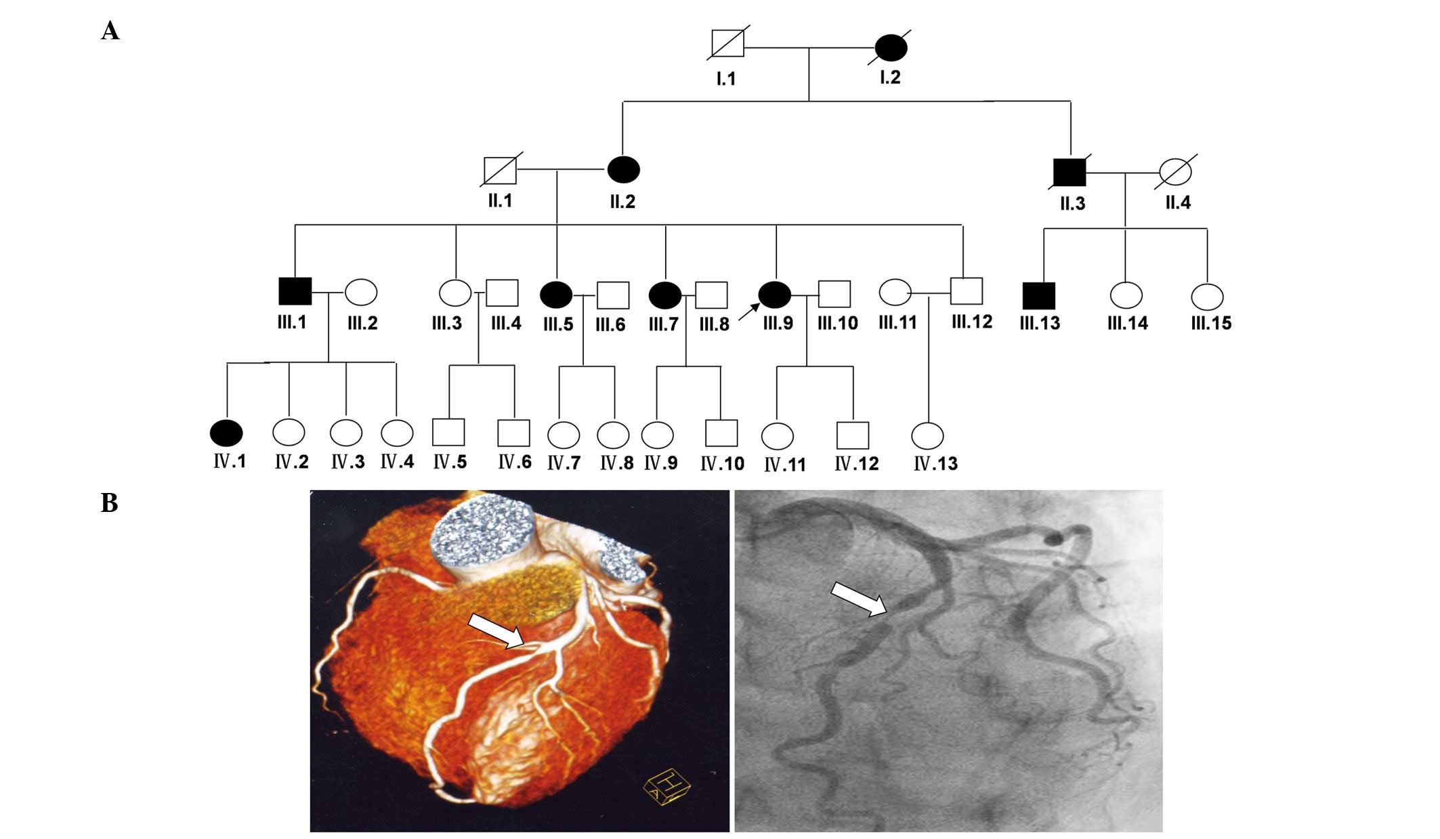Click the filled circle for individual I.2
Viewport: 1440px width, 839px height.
pos(891,47)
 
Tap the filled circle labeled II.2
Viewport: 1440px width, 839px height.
pos(623,169)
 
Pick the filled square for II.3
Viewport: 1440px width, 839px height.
pos(1070,172)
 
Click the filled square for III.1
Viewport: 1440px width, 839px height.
pos(295,292)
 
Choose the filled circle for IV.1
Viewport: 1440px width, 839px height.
pos(226,433)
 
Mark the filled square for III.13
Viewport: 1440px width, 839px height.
pos(1038,296)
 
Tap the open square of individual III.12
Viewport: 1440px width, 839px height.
pos(966,291)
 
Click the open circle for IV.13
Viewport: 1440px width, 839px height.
pos(927,436)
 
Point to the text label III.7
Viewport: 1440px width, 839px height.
pos(663,324)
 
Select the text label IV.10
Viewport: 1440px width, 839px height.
pos(722,464)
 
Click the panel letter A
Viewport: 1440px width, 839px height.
pos(110,31)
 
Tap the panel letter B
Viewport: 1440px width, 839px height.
pos(110,503)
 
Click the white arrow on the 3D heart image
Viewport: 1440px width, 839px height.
pos(496,630)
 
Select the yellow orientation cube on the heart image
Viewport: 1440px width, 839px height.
pos(666,787)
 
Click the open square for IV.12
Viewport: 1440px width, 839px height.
pos(853,436)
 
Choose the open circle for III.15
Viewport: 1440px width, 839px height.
pos(1207,297)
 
